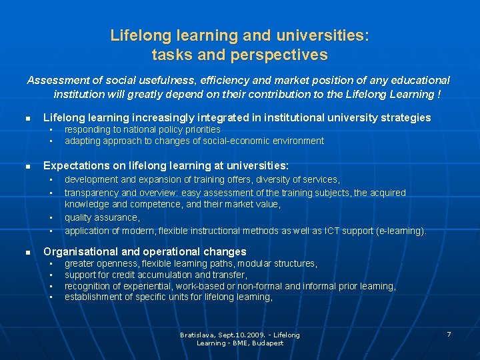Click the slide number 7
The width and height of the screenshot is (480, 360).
pyautogui.click(x=449, y=334)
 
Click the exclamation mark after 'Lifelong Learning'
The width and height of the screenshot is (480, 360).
pyautogui.click(x=439, y=94)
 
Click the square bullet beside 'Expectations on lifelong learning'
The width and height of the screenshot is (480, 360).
pyautogui.click(x=28, y=166)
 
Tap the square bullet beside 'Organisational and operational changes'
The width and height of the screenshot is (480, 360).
pyautogui.click(x=28, y=252)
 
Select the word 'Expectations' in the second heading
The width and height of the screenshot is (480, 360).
pyautogui.click(x=75, y=165)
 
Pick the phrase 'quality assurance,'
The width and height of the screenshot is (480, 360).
pyautogui.click(x=102, y=217)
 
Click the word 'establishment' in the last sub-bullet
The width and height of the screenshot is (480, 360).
pyautogui.click(x=93, y=297)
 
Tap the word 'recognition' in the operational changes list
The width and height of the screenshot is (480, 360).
pyautogui.click(x=87, y=286)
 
